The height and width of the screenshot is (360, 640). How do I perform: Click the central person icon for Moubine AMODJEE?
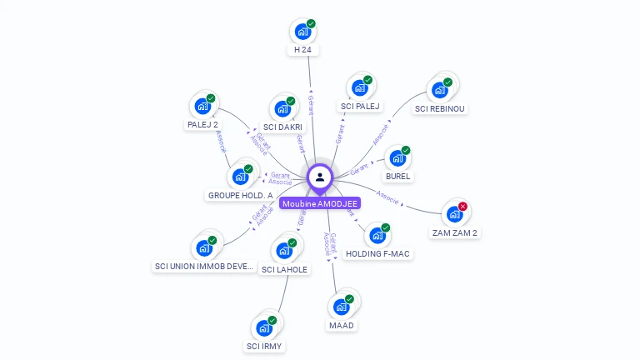pyautogui.click(x=320, y=177)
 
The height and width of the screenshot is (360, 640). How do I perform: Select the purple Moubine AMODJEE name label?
pyautogui.click(x=320, y=203)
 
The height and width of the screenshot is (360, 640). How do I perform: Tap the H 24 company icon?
pyautogui.click(x=302, y=32)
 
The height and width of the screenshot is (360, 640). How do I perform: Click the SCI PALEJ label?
pyautogui.click(x=360, y=106)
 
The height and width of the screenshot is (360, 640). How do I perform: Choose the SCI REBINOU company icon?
pyautogui.click(x=440, y=90)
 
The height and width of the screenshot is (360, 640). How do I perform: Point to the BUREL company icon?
pyautogui.click(x=397, y=158)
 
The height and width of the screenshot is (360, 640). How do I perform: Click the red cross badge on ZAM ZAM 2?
pyautogui.click(x=463, y=206)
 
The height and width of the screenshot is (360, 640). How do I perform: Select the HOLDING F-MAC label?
pyautogui.click(x=377, y=253)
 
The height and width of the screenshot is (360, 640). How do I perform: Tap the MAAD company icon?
pyautogui.click(x=341, y=307)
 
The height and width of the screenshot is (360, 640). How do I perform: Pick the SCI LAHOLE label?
pyautogui.click(x=284, y=269)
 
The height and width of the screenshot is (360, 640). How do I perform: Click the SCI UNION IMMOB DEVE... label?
pyautogui.click(x=204, y=267)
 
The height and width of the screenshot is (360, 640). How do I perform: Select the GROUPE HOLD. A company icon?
pyautogui.click(x=240, y=177)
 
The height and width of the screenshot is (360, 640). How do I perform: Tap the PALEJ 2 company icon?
pyautogui.click(x=202, y=107)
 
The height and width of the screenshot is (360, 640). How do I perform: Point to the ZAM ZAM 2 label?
pyautogui.click(x=455, y=232)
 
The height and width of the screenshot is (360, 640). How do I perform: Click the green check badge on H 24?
pyautogui.click(x=311, y=24)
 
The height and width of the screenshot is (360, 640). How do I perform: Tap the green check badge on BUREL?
pyautogui.click(x=406, y=151)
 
